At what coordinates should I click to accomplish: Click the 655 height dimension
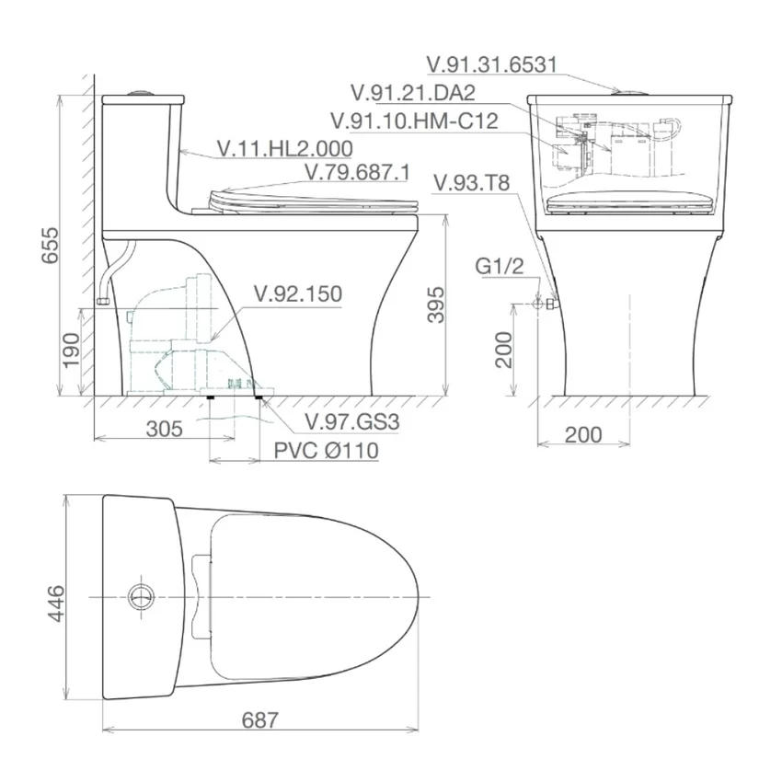pos(50,246)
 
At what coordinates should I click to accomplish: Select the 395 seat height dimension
pos(436,305)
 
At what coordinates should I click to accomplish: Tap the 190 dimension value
pos(72,350)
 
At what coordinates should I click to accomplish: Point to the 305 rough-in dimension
pos(165,429)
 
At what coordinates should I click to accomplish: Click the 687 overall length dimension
pos(259,720)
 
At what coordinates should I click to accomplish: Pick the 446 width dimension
pos(56,604)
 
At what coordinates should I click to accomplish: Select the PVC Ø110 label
pos(327,451)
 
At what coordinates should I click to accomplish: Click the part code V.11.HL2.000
pos(285,148)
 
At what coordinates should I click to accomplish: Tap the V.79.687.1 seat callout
pos(357,172)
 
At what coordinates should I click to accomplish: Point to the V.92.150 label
pos(298,293)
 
